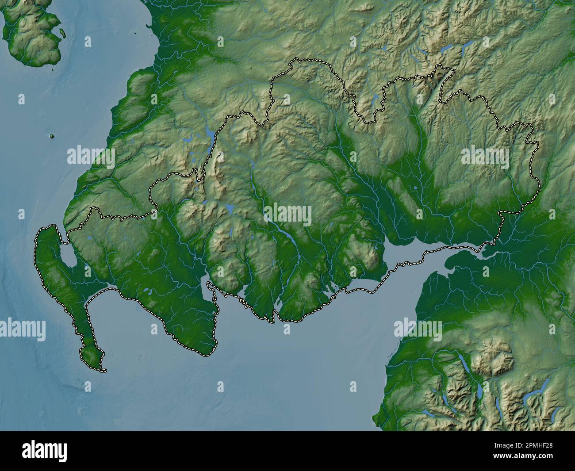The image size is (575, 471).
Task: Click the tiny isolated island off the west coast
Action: point(52,136)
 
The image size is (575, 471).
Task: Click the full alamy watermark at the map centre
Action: point(287,214)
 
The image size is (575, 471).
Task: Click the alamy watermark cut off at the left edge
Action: point(22,329)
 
